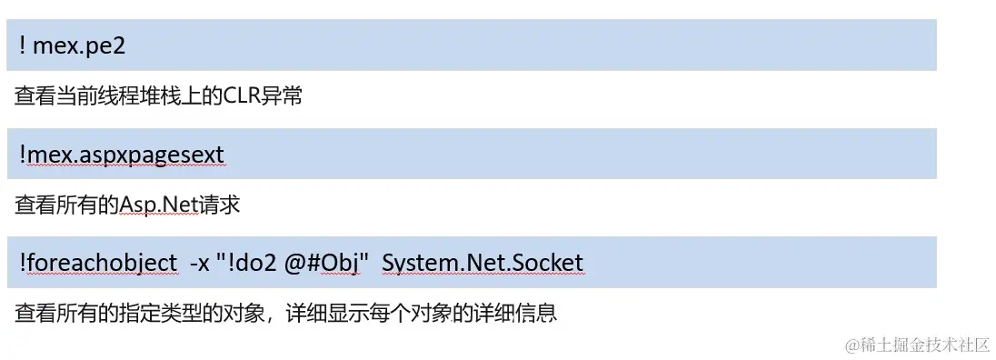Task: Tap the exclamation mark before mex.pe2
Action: click(21, 46)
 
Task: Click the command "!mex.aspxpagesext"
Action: click(121, 155)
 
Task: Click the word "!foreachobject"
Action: click(97, 263)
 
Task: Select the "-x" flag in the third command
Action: click(198, 263)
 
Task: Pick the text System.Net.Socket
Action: click(483, 263)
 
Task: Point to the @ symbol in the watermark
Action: click(852, 344)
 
